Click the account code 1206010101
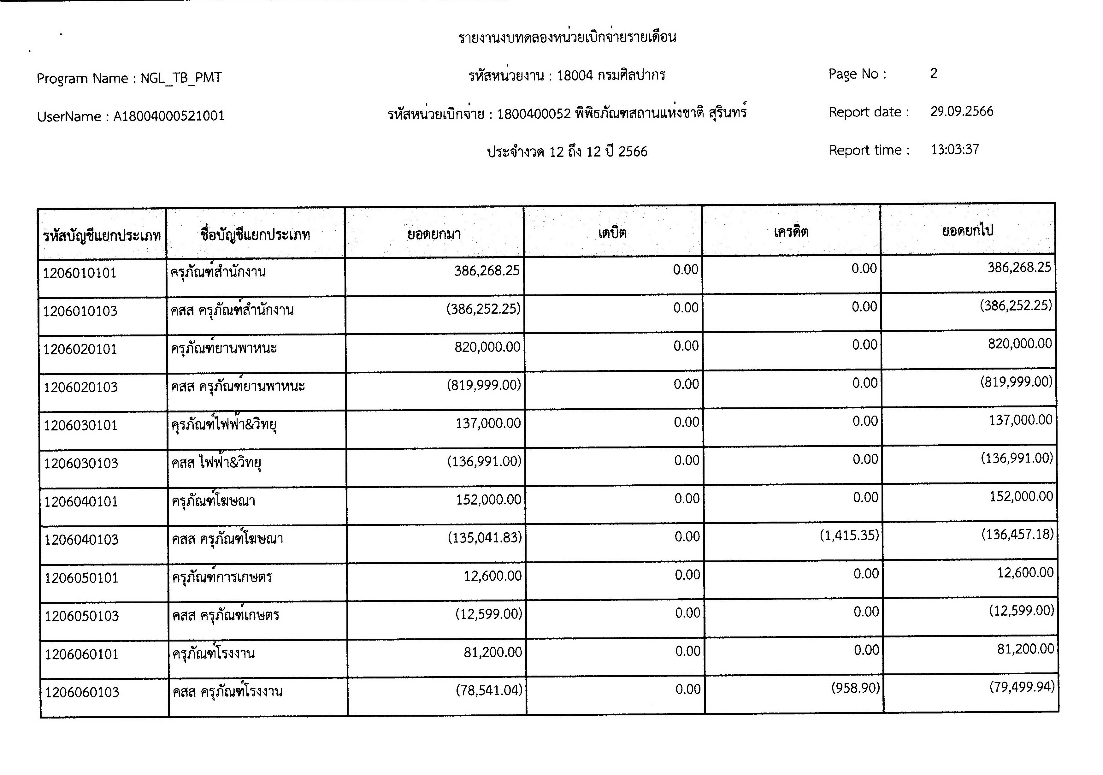tap(80, 273)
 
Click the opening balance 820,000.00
tap(487, 347)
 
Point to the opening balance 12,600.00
tap(493, 576)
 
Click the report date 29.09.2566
tap(962, 111)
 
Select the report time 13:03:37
tap(955, 150)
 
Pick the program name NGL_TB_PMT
tap(181, 78)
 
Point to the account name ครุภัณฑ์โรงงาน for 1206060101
tap(213, 654)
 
